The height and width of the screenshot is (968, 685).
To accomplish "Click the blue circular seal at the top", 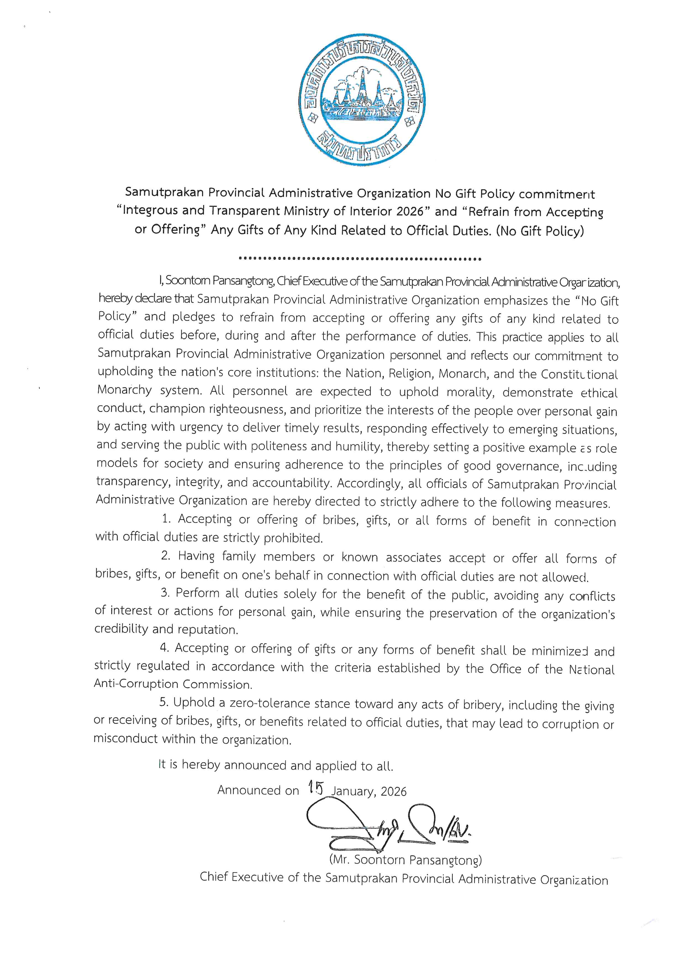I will coord(362,102).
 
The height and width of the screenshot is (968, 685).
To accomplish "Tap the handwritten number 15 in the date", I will coord(315,787).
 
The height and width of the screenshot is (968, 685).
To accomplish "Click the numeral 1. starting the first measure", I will coord(167,519).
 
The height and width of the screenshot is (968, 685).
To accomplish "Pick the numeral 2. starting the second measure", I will coord(166,556).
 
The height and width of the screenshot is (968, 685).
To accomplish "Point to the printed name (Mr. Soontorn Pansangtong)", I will coord(405,860).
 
